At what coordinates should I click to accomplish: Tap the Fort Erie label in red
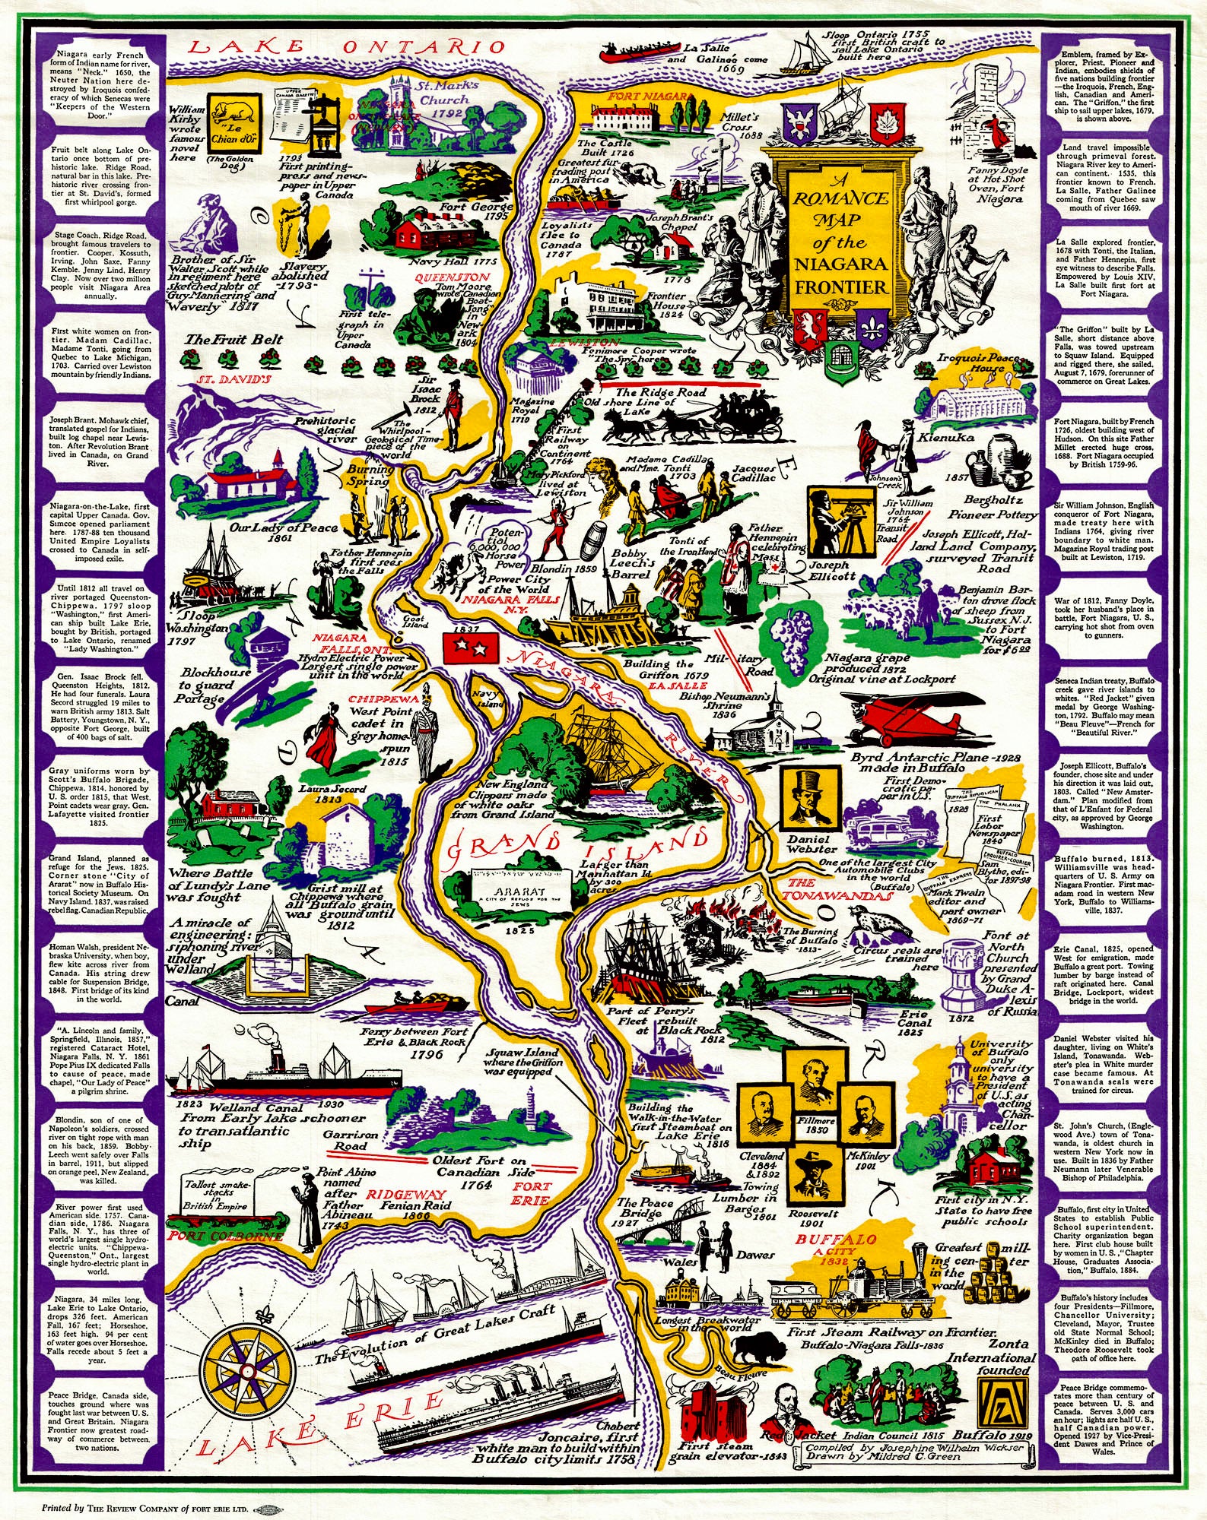coord(531,1192)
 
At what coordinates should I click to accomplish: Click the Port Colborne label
coord(226,1236)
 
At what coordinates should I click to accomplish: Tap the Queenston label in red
coord(452,278)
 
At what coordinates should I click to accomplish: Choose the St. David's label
coord(234,379)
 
